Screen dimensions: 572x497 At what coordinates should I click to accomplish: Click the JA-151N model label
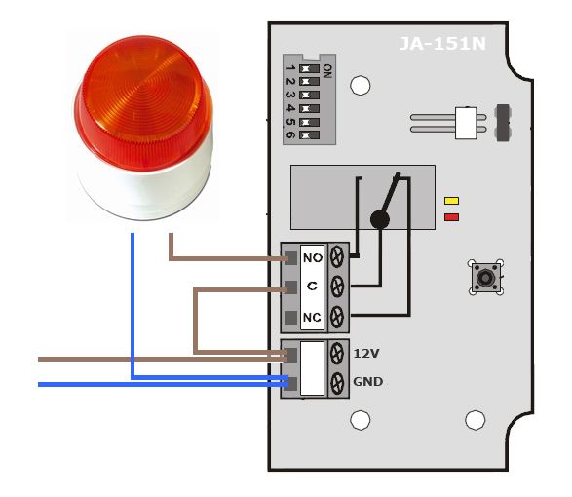[x=442, y=44]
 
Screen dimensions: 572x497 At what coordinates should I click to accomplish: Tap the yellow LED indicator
[x=451, y=201]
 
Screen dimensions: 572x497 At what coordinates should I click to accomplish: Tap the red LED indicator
[x=451, y=217]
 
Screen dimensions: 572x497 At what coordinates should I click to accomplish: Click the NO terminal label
[x=312, y=258]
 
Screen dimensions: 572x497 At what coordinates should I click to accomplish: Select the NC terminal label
[x=312, y=317]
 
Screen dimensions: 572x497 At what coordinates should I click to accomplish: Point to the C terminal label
[x=312, y=286]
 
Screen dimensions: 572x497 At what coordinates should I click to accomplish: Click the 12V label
[x=366, y=353]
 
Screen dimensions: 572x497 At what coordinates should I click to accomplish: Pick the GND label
[x=368, y=382]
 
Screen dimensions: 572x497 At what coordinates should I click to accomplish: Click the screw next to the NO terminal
[x=337, y=256]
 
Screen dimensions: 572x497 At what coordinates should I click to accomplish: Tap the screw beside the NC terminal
[x=337, y=317]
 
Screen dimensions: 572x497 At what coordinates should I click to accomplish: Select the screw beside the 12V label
[x=337, y=354]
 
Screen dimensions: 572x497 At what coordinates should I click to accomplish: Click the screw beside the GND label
[x=337, y=383]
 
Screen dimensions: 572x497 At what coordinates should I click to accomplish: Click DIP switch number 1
[x=309, y=68]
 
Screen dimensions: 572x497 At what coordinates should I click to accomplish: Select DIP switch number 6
[x=309, y=135]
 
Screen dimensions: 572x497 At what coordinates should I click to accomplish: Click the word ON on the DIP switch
[x=327, y=71]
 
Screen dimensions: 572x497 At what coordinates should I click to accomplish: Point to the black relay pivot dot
[x=380, y=219]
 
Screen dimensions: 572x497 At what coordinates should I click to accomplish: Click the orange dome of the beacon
[x=143, y=102]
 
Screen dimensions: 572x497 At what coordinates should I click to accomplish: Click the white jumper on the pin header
[x=466, y=123]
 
